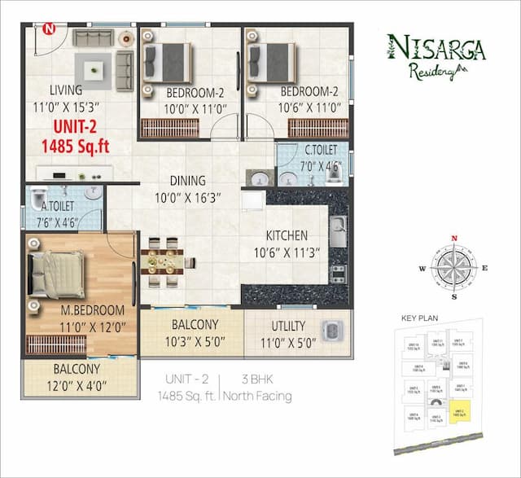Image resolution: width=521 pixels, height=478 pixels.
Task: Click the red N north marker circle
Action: tap(49, 29)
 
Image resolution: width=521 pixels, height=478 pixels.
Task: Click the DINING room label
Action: tap(187, 181)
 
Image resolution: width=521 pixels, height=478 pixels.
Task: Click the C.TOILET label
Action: tap(322, 151)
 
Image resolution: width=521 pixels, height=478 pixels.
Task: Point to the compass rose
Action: tap(454, 267)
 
